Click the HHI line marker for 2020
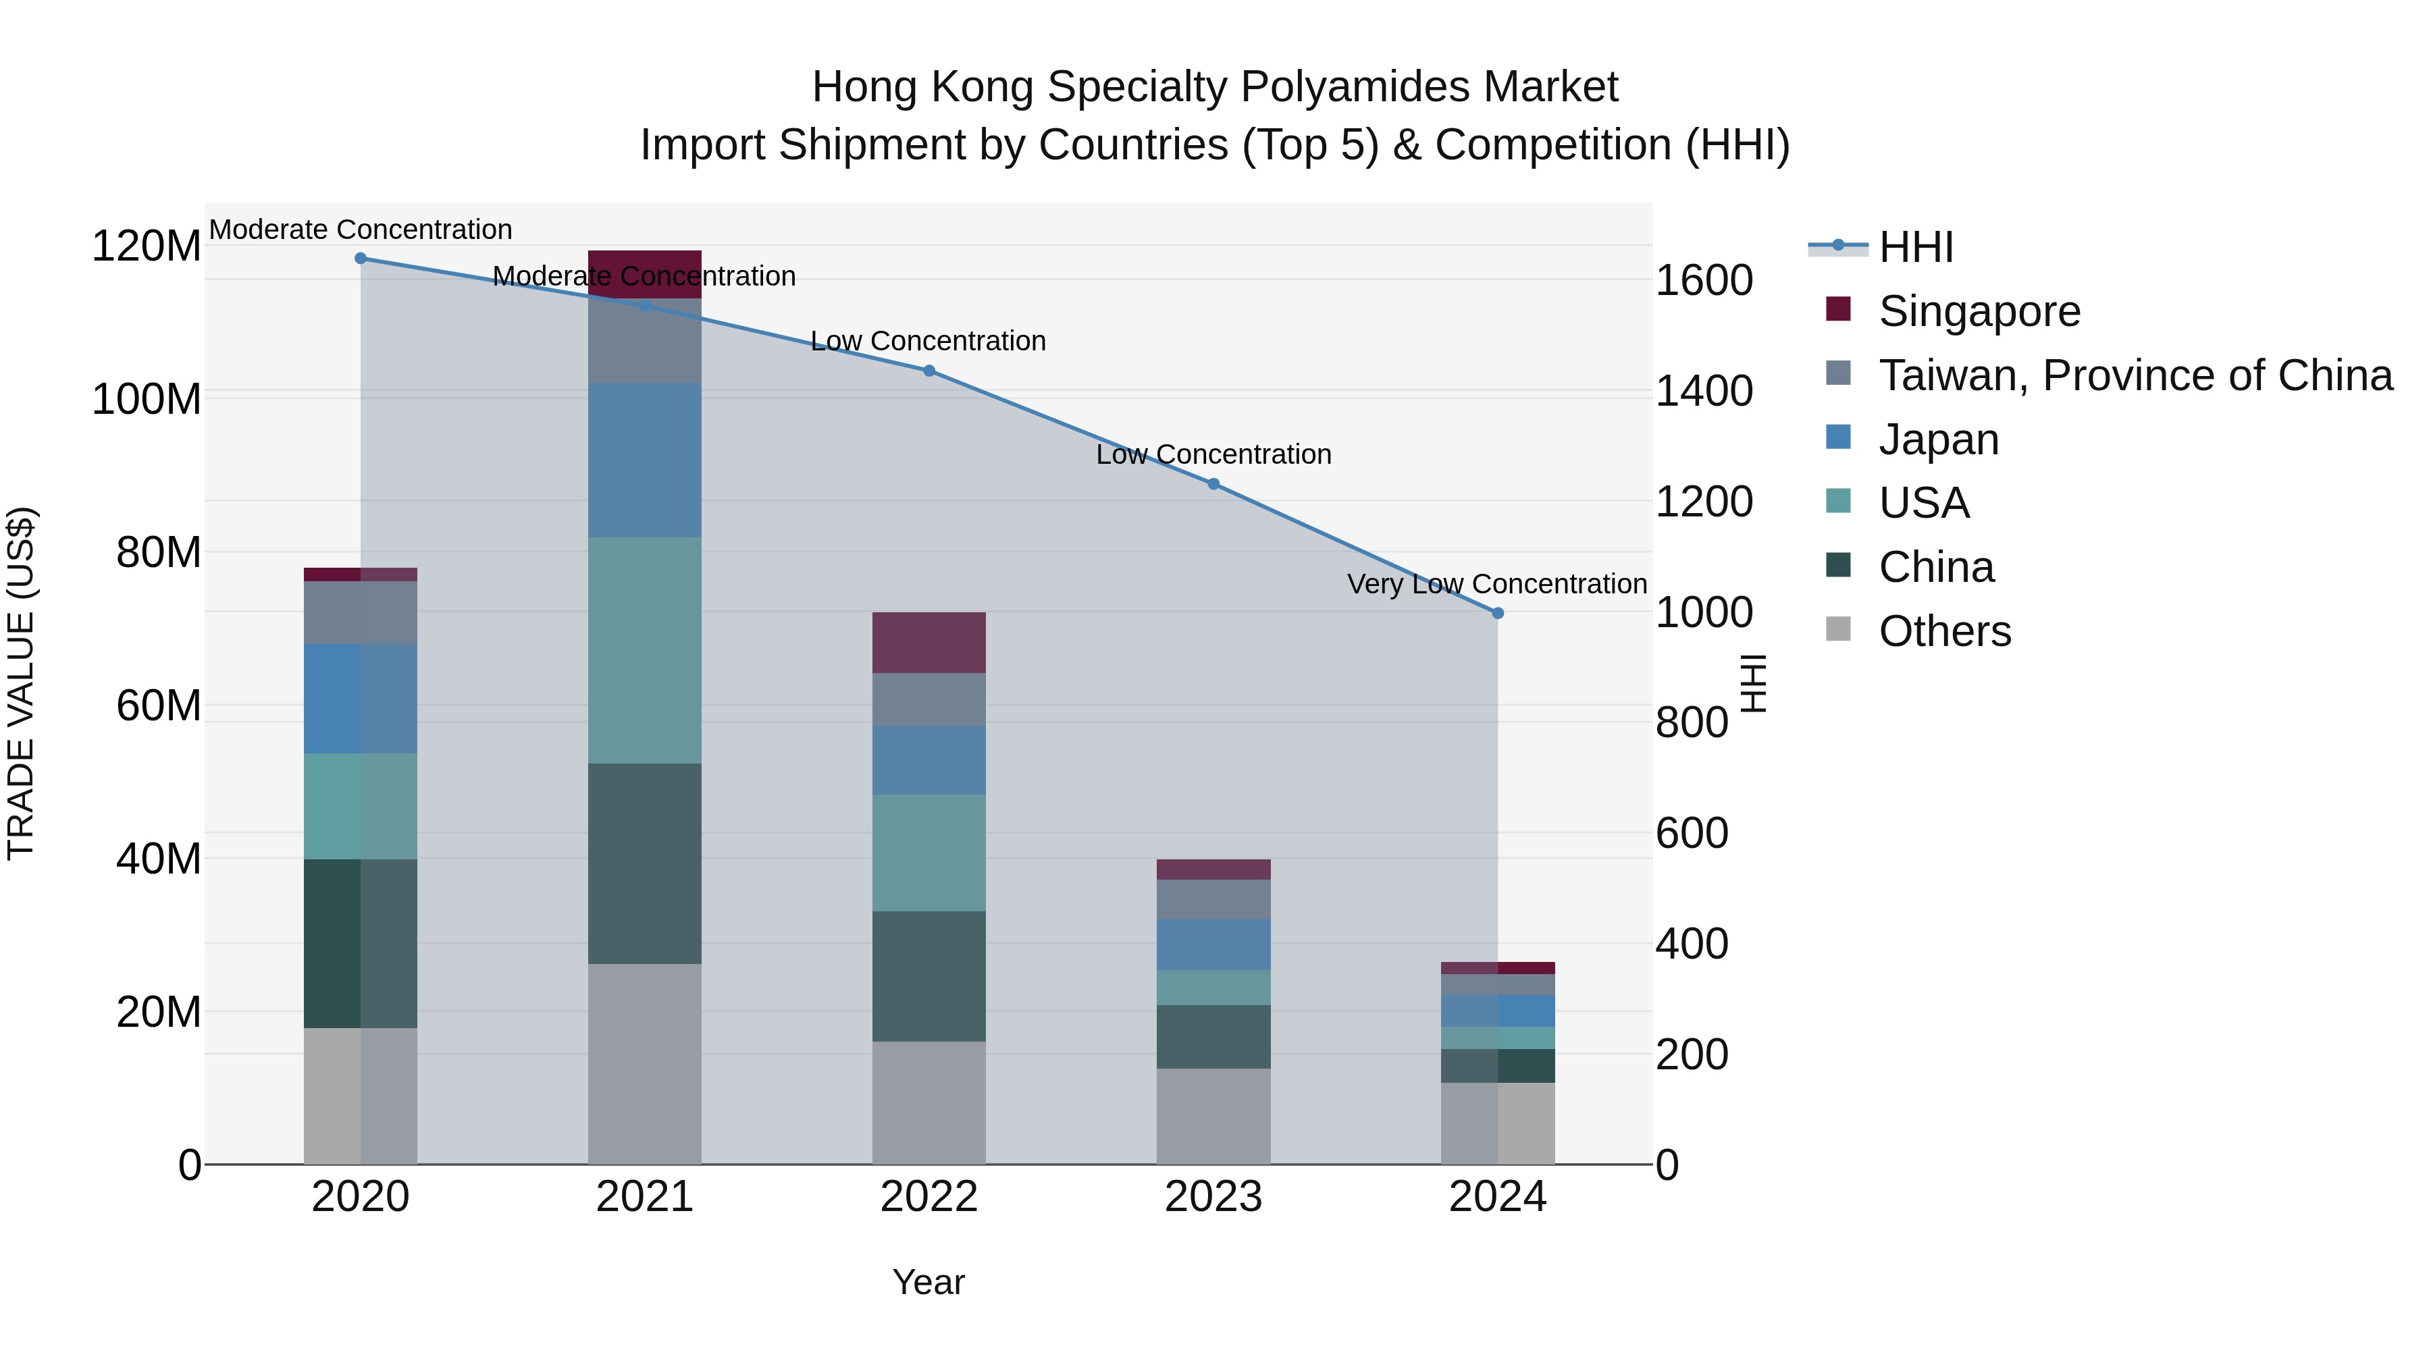coord(361,259)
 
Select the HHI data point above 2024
coord(1498,613)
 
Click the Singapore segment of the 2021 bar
coord(645,273)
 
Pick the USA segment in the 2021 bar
coord(645,650)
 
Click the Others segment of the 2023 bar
coord(1213,1116)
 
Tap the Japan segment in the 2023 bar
coord(1213,944)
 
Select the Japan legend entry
coord(1938,439)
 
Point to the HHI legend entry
coord(1915,247)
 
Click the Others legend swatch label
coord(1944,631)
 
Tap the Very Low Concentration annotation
coord(1496,584)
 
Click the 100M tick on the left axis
coord(147,399)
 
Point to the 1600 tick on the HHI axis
coord(1704,280)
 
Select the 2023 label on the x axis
coord(1213,1196)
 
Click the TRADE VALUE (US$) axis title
coord(21,683)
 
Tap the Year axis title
coord(929,1282)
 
